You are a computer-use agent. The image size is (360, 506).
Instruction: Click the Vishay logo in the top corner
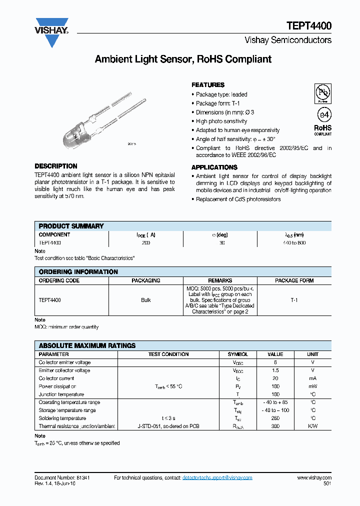click(51, 32)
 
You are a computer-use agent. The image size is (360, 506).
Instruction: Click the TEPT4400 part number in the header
click(308, 26)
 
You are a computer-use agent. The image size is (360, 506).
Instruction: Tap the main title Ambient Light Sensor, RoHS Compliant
click(183, 59)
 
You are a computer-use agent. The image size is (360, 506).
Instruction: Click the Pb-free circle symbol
click(322, 93)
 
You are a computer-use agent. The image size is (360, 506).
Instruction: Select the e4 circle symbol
click(323, 114)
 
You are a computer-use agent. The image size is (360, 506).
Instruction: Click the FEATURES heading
click(208, 85)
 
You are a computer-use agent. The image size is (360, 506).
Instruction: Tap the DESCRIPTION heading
click(55, 166)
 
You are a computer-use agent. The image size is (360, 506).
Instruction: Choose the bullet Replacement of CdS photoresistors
click(238, 199)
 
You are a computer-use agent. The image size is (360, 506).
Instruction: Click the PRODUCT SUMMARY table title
click(71, 226)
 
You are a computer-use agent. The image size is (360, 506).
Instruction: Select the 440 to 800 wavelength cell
click(294, 242)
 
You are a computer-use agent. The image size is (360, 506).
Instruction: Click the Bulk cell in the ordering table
click(145, 300)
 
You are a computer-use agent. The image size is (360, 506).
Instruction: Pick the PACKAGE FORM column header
click(294, 280)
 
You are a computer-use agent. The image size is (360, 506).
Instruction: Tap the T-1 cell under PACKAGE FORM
click(294, 300)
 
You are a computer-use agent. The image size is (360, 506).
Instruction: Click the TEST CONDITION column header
click(168, 354)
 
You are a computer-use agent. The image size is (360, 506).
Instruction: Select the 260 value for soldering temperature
click(275, 418)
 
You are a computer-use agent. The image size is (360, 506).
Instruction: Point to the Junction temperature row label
click(62, 394)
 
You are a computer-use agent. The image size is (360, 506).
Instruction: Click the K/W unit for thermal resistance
click(312, 426)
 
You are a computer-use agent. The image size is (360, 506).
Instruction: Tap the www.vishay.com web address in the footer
click(314, 478)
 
